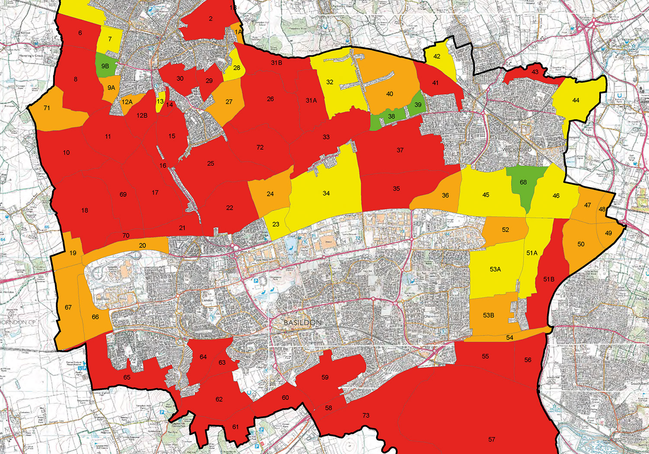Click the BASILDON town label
(x=302, y=323)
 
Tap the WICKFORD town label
(x=517, y=150)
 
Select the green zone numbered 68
(x=523, y=182)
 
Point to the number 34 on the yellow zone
(x=326, y=193)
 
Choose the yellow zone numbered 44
(x=575, y=100)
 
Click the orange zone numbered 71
(x=47, y=108)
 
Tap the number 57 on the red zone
(x=492, y=439)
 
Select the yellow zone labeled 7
(x=110, y=39)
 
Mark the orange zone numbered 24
(x=270, y=194)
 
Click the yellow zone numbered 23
(x=276, y=224)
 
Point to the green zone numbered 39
(x=418, y=105)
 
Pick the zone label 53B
(x=488, y=315)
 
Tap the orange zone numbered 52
(x=505, y=230)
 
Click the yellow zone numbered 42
(x=437, y=57)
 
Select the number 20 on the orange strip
(x=142, y=245)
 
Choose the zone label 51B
(x=549, y=279)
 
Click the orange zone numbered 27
(x=229, y=102)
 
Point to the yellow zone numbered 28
(x=237, y=68)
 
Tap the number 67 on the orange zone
(x=68, y=307)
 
